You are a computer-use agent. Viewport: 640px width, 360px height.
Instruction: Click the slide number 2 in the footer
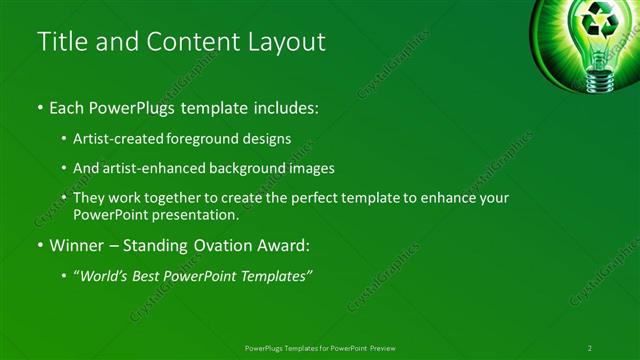(x=589, y=347)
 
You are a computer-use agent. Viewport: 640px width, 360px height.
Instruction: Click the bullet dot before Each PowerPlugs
(x=39, y=107)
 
